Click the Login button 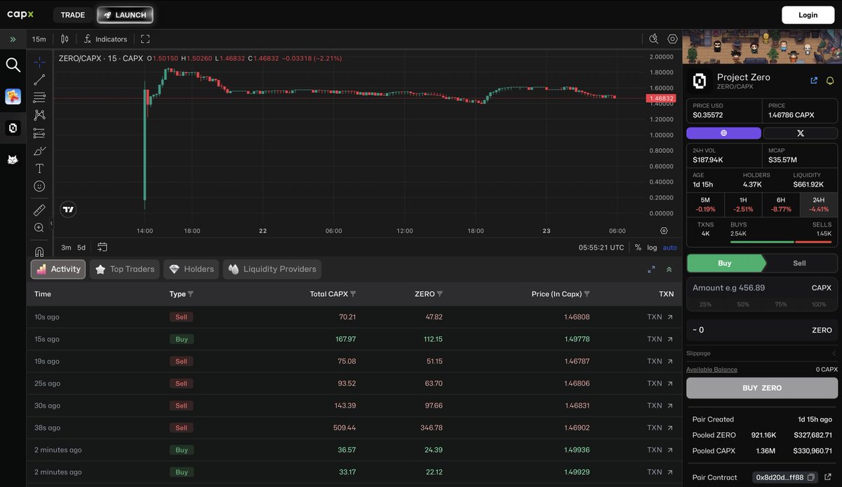(x=808, y=15)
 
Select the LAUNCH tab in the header (x=125, y=15)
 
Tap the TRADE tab (x=72, y=15)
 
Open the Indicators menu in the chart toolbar (x=105, y=39)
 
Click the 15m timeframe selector (x=39, y=39)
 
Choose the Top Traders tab (x=125, y=269)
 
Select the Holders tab (x=191, y=269)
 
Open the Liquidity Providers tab (x=272, y=269)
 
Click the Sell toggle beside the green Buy (x=799, y=263)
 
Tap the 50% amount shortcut (x=743, y=305)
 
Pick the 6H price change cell (x=781, y=204)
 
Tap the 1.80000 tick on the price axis (x=661, y=72)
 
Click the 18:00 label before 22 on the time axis (x=192, y=231)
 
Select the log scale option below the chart (x=652, y=248)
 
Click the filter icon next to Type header (x=191, y=294)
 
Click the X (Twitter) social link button (x=800, y=133)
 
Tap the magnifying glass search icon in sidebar (x=13, y=65)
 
